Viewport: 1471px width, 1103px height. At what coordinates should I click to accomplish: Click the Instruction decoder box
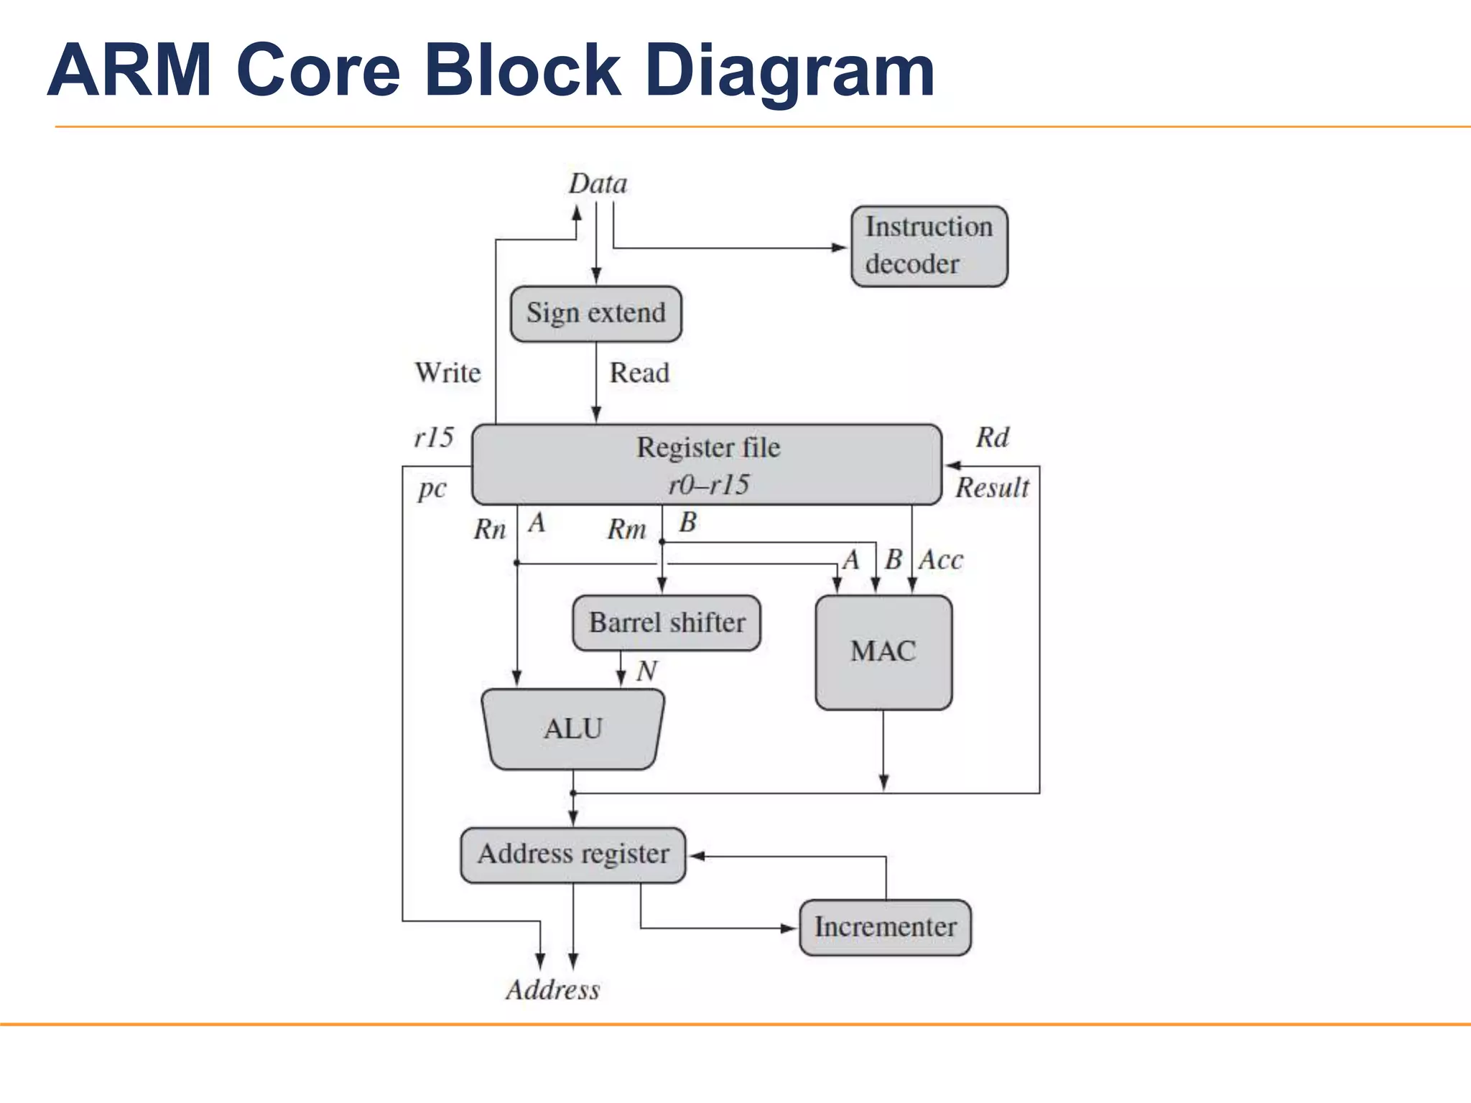(929, 246)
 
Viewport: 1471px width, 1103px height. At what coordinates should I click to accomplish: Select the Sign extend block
(595, 314)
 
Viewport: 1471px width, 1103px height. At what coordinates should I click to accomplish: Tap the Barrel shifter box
(666, 623)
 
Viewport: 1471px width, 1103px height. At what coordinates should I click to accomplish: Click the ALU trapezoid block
(572, 730)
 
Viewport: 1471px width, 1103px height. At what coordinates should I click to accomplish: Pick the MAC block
(883, 652)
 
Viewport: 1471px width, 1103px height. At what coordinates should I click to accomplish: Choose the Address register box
(572, 855)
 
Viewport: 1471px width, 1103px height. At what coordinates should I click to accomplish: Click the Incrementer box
(884, 927)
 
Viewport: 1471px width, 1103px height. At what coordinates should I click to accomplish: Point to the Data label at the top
(598, 185)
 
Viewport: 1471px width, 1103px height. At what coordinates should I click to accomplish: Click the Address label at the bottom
(552, 990)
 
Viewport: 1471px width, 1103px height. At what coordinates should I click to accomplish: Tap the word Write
(447, 373)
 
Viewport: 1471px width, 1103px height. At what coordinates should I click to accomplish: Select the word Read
(639, 373)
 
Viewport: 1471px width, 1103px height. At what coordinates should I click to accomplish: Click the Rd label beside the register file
(992, 437)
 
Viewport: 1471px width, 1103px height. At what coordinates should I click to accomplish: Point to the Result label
(992, 488)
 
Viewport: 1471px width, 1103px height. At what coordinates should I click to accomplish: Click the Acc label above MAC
(941, 560)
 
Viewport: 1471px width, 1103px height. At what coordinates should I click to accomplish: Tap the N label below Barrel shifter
(646, 671)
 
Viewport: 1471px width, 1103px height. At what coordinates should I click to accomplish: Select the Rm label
(626, 530)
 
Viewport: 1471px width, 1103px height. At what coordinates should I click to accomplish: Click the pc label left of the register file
(432, 489)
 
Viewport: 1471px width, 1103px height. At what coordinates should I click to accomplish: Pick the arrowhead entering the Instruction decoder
(840, 248)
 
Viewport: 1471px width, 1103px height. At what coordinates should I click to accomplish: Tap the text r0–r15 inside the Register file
(708, 485)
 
